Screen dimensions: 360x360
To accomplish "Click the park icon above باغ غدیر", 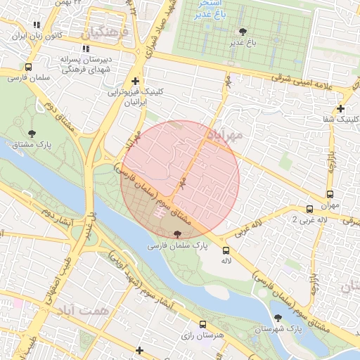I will pos(243,32).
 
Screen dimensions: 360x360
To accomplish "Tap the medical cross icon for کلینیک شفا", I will pos(340,108).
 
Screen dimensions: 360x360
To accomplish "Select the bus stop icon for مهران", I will pos(329,195).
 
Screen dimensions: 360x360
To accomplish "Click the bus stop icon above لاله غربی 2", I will pos(309,209).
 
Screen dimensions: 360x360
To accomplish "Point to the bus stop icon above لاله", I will pos(226,250).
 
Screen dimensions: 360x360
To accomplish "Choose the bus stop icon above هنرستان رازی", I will pos(202,325).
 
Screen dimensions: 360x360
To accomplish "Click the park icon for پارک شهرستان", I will pos(295,319).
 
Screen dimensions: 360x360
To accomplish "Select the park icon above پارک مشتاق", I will pos(32,133).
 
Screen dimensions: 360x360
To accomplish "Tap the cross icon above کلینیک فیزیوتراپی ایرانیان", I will pos(134,81).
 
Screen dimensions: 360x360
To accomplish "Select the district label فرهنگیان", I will pos(105,32).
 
